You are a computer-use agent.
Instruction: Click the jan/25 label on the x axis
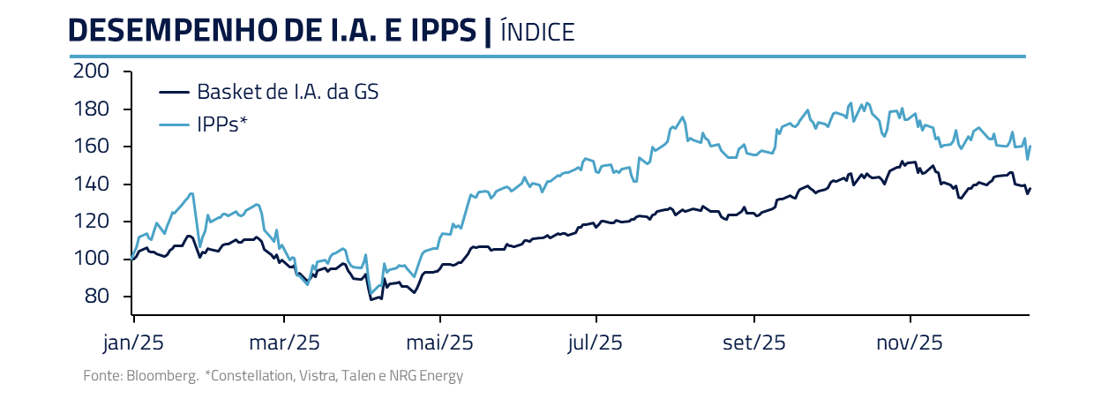pos(131,343)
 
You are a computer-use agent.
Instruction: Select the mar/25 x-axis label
pos(284,343)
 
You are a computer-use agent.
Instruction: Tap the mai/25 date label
pos(440,343)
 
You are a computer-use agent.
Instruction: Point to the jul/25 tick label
pos(596,343)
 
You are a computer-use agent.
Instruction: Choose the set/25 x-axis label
pos(754,343)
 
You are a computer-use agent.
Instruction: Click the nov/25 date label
pos(910,343)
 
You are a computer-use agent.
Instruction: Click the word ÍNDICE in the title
pos(536,32)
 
